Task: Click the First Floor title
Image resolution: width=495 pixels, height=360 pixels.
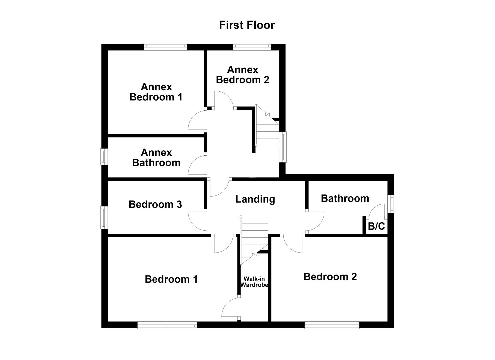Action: pos(247,25)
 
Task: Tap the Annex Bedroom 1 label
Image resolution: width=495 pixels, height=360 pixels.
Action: pos(156,92)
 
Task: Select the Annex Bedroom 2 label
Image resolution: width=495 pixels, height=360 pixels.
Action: pos(242,75)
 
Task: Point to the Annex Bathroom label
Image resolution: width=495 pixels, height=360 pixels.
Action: pos(156,158)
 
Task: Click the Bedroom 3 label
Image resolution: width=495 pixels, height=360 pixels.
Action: pos(155,204)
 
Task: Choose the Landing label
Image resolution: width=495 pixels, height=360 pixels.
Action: pos(255,199)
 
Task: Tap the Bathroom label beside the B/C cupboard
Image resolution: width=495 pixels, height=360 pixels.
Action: pos(345,199)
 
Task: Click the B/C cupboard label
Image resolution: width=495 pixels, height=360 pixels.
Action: pos(376,227)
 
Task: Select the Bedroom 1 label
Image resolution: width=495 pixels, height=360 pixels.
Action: pos(171,279)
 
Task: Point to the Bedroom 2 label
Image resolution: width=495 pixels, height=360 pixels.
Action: pos(330,277)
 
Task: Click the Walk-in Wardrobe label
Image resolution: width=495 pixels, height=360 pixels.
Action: pos(254,282)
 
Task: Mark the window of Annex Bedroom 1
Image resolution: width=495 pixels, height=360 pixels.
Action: pos(165,47)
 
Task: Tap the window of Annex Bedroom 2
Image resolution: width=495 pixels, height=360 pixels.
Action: pos(251,47)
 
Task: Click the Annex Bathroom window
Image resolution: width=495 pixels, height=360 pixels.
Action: pos(104,156)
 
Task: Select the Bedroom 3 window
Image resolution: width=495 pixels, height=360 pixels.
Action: pos(104,218)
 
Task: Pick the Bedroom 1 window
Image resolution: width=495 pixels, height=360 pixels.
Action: pos(167,325)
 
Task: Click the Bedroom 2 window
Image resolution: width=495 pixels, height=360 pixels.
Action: pos(332,325)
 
